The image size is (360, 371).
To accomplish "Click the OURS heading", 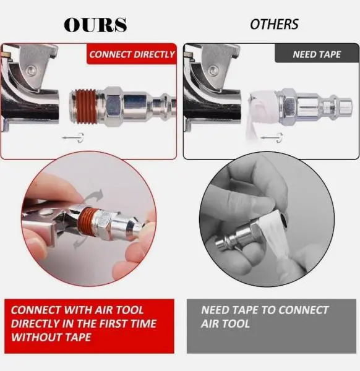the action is [95, 25].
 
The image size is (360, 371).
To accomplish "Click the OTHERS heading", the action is [274, 24].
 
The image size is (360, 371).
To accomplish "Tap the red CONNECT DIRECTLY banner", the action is [132, 54].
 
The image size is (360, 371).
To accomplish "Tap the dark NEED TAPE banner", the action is [317, 54].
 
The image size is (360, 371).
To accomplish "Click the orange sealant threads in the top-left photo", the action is [87, 106].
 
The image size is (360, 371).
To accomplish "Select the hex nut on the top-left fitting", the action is [114, 104].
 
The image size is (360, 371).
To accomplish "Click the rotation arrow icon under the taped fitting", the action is [272, 138].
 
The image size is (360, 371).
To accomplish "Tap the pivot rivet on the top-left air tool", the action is [31, 70].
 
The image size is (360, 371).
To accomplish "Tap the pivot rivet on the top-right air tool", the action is [213, 70].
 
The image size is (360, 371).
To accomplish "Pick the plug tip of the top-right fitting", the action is [346, 106].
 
